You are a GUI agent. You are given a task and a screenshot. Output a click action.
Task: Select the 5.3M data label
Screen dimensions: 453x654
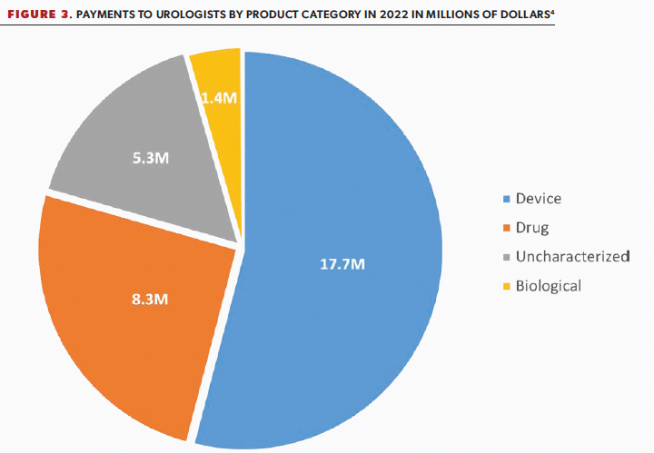149,158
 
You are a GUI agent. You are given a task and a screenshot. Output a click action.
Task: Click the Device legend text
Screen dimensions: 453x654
539,198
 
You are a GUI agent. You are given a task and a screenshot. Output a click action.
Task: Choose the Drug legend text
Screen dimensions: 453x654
532,227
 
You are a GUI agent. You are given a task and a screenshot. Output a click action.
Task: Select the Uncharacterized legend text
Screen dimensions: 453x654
572,256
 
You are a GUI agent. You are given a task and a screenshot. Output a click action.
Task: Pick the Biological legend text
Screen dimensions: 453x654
548,286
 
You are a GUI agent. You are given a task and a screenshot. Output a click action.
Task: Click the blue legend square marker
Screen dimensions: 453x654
506,199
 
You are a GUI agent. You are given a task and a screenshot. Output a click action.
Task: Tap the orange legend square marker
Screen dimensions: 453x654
506,228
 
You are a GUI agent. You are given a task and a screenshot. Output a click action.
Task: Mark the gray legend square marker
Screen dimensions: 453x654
506,257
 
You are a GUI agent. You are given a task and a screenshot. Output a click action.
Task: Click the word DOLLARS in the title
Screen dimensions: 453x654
521,15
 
